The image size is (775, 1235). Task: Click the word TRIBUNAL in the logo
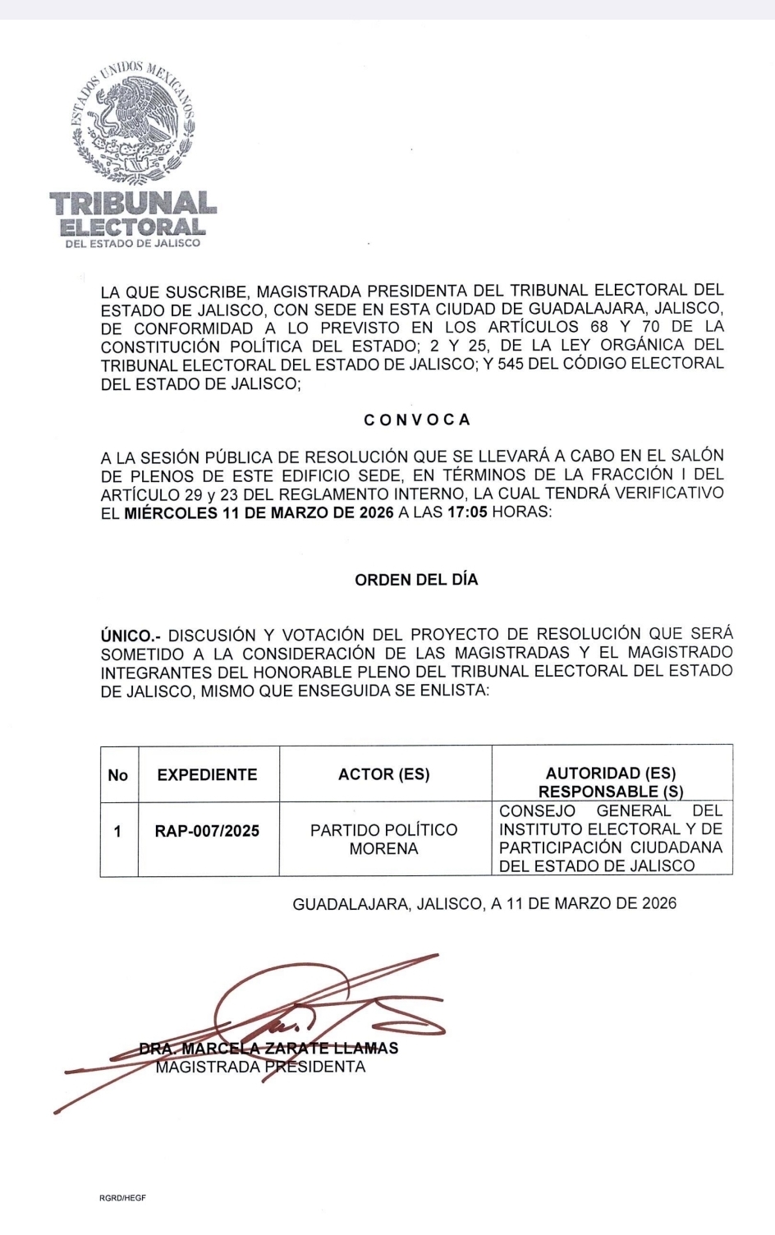(133, 204)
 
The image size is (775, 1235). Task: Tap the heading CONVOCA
(417, 420)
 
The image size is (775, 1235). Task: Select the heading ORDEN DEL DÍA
(416, 580)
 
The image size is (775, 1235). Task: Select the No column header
(118, 775)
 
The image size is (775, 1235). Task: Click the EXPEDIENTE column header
(207, 775)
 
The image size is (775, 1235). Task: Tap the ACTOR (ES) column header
(384, 774)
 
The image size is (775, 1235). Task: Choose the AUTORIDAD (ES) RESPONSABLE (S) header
(611, 783)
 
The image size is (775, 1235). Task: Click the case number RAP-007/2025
(207, 831)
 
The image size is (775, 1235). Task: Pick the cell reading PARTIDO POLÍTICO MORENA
(384, 839)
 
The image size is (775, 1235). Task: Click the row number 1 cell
(118, 832)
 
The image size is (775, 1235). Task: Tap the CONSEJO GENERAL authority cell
(611, 838)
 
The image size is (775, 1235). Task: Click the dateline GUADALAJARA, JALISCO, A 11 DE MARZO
(484, 904)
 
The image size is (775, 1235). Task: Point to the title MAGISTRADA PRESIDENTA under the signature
(260, 1067)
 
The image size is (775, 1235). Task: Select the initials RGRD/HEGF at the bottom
(122, 1198)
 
